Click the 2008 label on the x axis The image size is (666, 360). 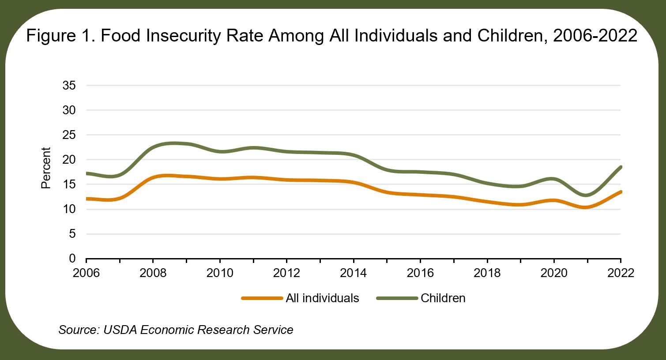[153, 273]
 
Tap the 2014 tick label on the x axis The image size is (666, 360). [353, 273]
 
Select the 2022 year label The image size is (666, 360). [621, 273]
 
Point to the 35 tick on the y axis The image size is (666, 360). [69, 86]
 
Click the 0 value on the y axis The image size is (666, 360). [72, 259]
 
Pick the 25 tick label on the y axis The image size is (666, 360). [69, 135]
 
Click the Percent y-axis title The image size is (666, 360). [46, 168]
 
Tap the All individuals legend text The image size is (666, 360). [322, 298]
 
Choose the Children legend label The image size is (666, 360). [443, 298]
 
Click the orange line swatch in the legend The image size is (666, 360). [262, 298]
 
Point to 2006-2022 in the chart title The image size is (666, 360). [595, 36]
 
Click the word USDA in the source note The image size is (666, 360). [120, 330]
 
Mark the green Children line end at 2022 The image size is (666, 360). [621, 167]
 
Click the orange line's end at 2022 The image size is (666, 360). [621, 192]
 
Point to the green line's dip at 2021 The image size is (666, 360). [587, 195]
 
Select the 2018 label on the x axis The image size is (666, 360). [487, 273]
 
